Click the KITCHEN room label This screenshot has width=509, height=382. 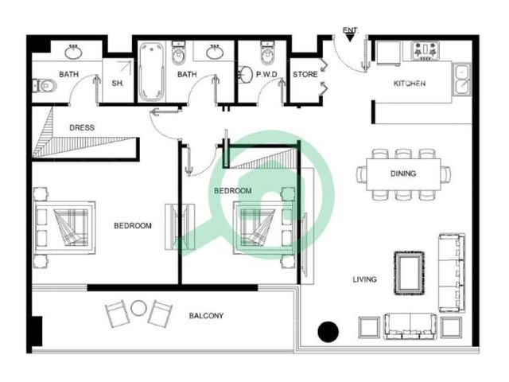[410, 84]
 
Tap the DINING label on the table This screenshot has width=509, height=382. [403, 173]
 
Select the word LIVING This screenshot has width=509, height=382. [365, 279]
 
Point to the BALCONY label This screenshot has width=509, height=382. [206, 315]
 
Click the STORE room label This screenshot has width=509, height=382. [305, 74]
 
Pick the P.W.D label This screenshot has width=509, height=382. [266, 74]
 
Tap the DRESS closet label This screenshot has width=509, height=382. [82, 127]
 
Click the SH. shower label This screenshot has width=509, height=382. [118, 84]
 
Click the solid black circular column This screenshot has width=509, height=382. [328, 332]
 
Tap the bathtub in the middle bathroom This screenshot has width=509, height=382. [152, 72]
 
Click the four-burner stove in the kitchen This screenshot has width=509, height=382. [425, 51]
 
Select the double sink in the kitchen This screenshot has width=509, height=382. [462, 80]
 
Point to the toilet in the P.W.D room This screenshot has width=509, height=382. [267, 53]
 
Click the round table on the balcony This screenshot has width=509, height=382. [138, 308]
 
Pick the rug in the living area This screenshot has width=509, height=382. [410, 274]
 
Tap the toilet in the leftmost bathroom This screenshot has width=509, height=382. [45, 86]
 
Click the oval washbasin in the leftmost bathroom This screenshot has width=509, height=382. [73, 53]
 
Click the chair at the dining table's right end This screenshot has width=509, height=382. [445, 173]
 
